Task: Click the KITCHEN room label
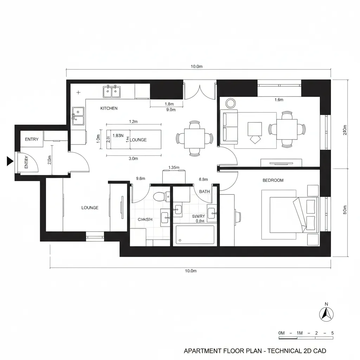click(x=109, y=108)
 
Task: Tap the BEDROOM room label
click(x=273, y=180)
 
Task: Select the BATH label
click(x=204, y=192)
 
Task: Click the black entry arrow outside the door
click(x=10, y=161)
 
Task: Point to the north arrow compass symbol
click(x=327, y=313)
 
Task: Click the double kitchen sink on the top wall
click(x=111, y=92)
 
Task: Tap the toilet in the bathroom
click(x=161, y=196)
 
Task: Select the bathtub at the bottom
click(x=195, y=234)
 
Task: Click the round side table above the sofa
click(x=231, y=103)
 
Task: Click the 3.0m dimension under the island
click(x=133, y=159)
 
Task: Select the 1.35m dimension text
click(x=174, y=167)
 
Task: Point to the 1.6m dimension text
click(x=279, y=100)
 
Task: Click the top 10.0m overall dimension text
click(x=197, y=66)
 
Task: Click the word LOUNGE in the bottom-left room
click(x=90, y=208)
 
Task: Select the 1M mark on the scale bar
click(x=300, y=333)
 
